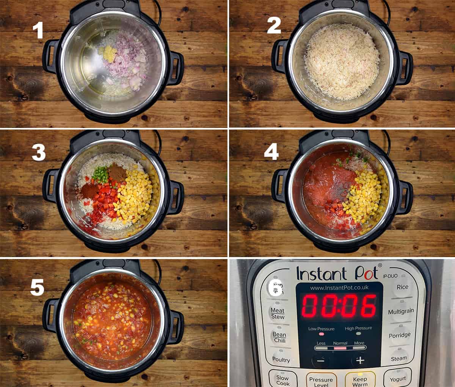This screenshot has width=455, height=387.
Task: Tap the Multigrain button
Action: click(x=401, y=312)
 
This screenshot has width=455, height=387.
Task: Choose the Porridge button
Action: click(x=399, y=335)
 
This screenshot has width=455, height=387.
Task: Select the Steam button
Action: click(x=399, y=358)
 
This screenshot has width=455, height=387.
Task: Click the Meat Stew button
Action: click(x=278, y=314)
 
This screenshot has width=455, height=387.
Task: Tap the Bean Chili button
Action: click(x=279, y=337)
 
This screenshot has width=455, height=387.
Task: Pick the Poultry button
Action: click(x=281, y=360)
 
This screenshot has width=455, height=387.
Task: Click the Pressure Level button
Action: click(x=321, y=381)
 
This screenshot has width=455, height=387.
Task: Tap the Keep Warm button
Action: click(x=360, y=381)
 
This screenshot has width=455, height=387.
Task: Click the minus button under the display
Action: click(x=321, y=360)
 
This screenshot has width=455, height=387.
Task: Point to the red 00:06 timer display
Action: click(x=339, y=306)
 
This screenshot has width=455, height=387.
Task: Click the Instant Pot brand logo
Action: click(x=337, y=273)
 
